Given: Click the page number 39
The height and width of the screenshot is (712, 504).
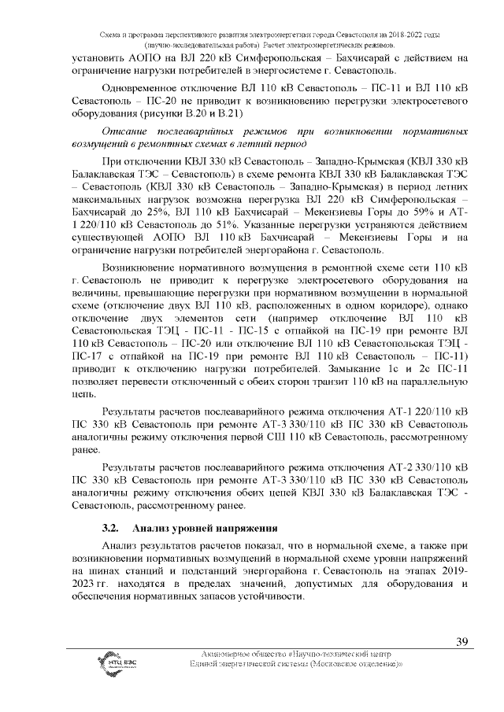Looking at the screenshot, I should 462,642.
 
